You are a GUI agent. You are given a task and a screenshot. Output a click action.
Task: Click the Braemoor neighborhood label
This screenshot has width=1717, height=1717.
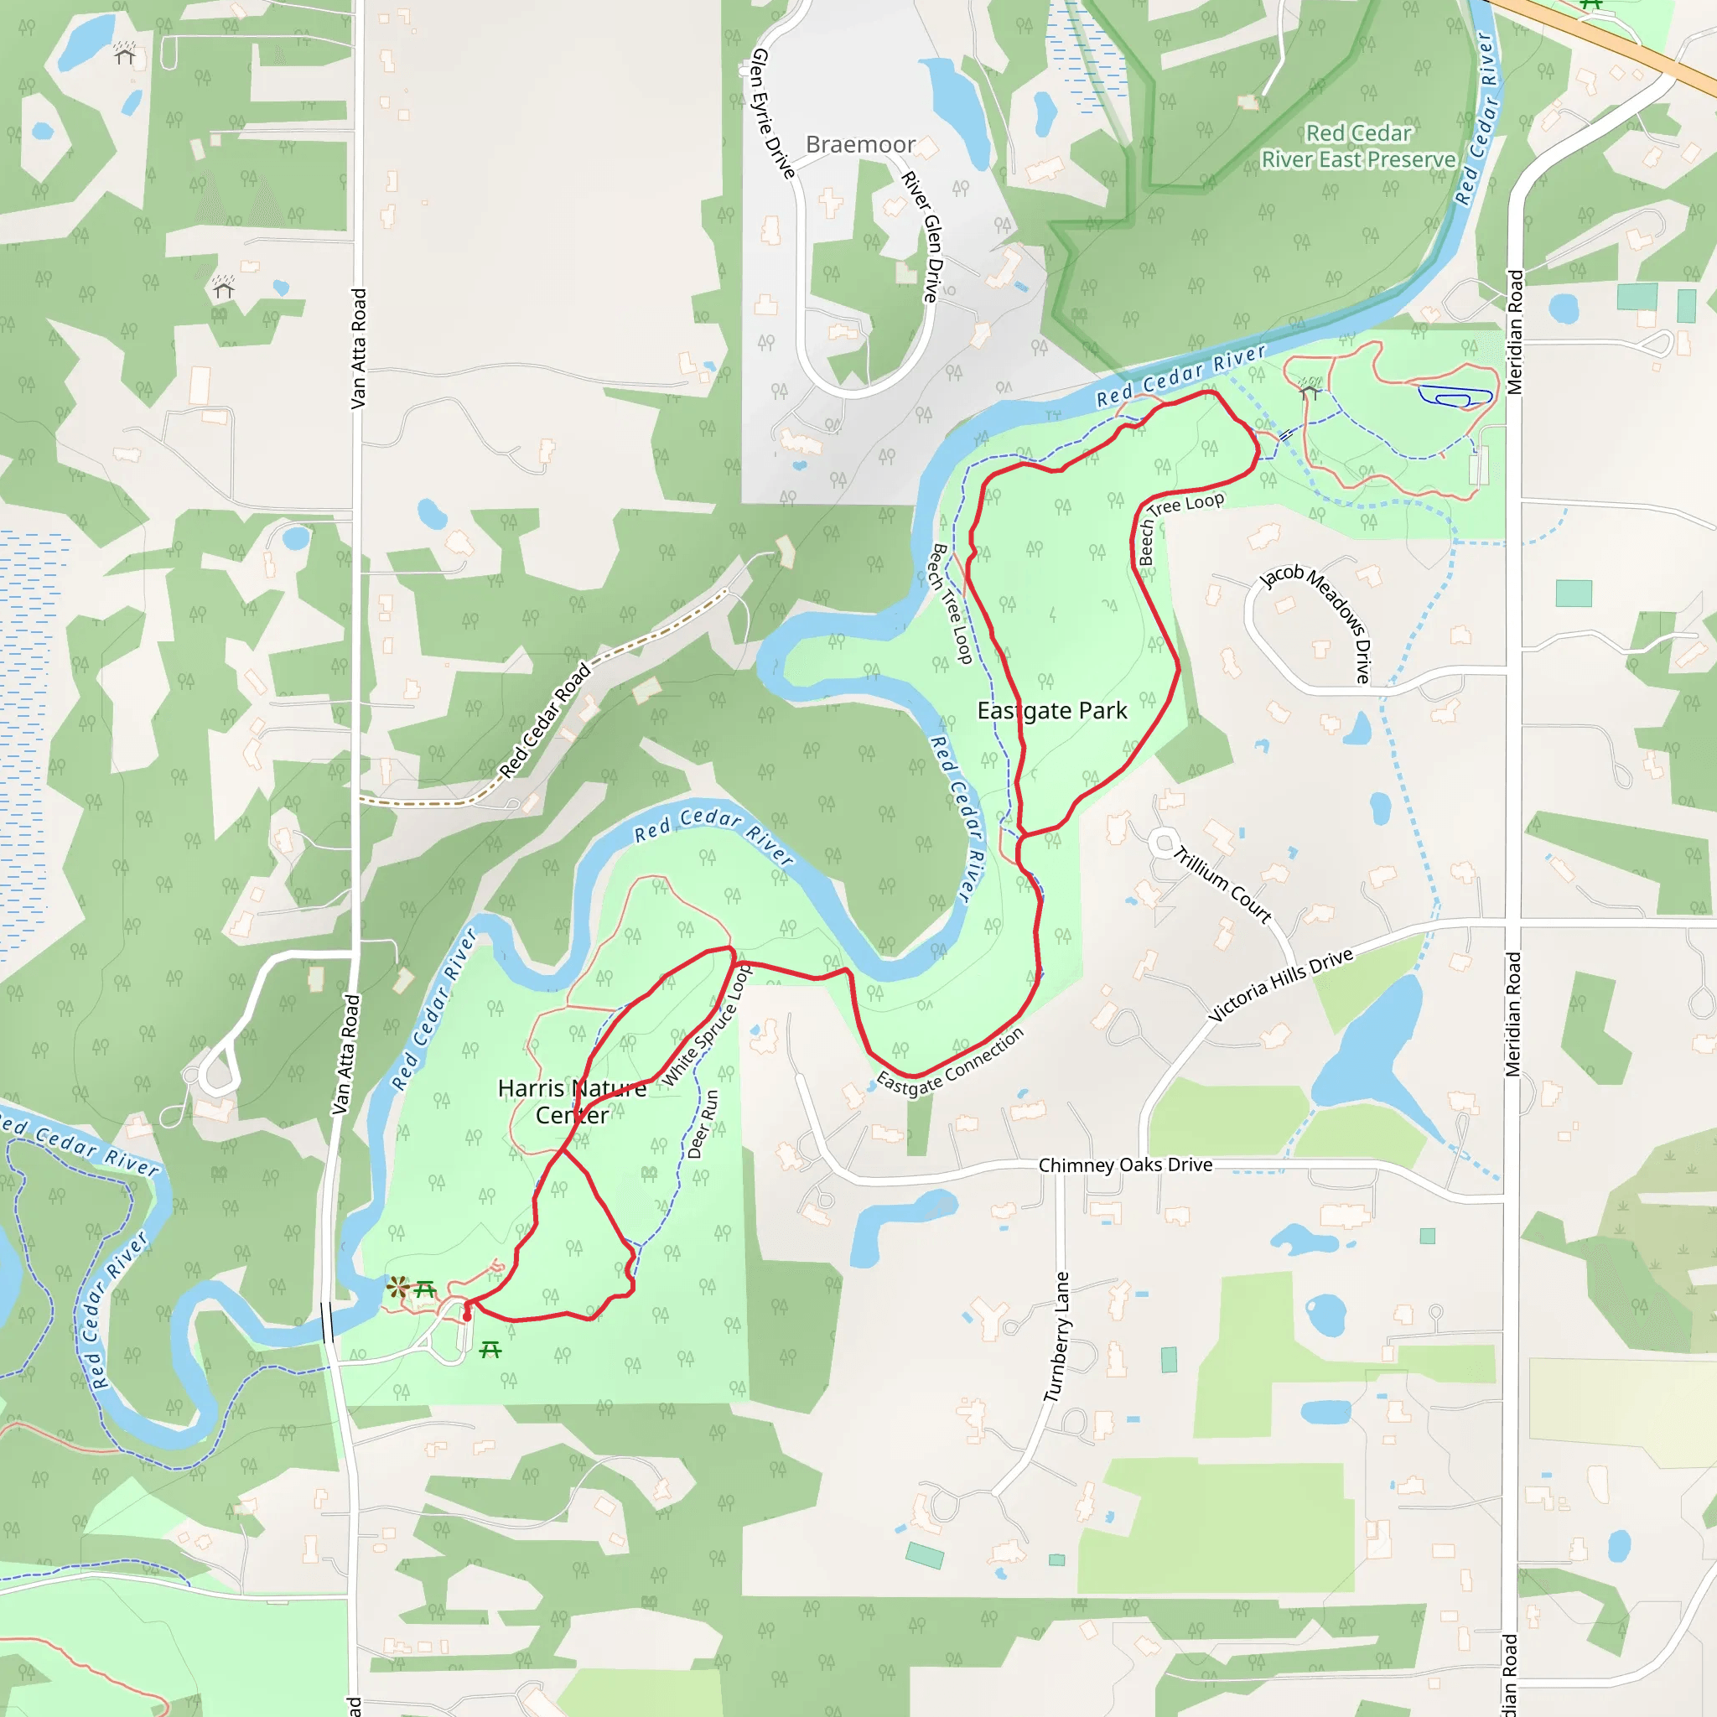click(x=859, y=145)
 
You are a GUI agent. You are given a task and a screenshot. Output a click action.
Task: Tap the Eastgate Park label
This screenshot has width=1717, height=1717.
click(x=1051, y=711)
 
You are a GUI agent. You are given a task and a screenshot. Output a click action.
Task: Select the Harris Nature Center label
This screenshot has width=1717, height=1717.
click(x=572, y=1101)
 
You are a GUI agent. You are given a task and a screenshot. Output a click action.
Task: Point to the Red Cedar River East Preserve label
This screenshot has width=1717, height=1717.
click(x=1358, y=147)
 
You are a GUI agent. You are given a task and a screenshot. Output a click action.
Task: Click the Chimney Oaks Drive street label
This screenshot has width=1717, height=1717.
click(x=1125, y=1165)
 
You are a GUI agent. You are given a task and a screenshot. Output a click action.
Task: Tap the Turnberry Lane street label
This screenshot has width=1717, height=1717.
click(x=1057, y=1336)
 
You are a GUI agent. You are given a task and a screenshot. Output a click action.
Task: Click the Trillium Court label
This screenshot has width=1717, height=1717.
click(x=1223, y=885)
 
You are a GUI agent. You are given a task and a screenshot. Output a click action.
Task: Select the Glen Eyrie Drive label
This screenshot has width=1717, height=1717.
click(x=772, y=113)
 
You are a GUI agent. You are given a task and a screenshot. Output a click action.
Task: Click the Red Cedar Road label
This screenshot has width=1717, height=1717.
click(x=545, y=721)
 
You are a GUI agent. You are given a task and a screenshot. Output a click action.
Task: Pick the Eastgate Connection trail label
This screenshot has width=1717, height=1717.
click(x=950, y=1063)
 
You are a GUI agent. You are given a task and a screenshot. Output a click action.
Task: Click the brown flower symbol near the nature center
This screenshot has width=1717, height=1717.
click(x=397, y=1286)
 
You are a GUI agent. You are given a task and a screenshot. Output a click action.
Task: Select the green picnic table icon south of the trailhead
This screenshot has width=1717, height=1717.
click(x=490, y=1351)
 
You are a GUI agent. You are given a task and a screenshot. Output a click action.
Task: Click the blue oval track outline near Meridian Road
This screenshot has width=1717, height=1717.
click(x=1455, y=397)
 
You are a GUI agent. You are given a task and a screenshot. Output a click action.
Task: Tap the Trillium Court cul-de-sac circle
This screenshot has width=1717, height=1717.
click(x=1164, y=843)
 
